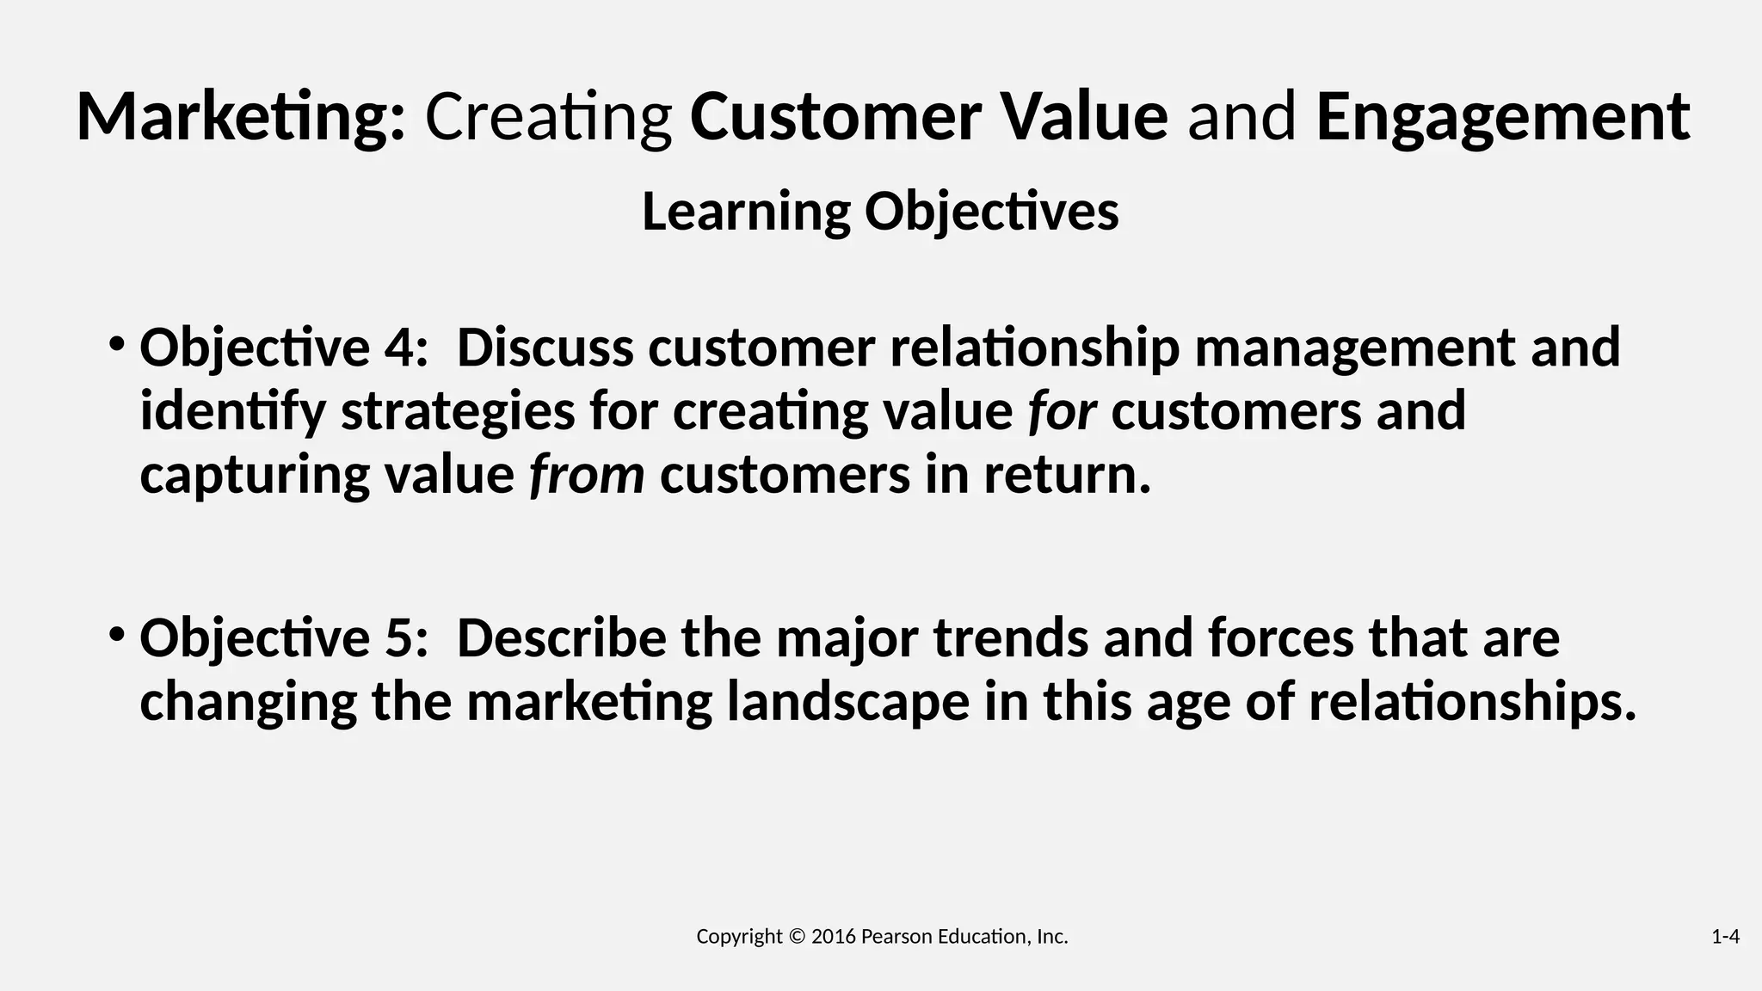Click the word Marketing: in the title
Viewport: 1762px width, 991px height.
tap(240, 118)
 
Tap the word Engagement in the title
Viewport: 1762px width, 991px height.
tap(1502, 118)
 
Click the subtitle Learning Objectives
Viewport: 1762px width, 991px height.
tap(880, 212)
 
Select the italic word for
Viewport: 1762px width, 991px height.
tap(1062, 411)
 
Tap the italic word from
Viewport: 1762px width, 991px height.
tap(587, 475)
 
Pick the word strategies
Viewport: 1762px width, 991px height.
tap(458, 411)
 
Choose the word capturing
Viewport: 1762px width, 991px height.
tap(255, 475)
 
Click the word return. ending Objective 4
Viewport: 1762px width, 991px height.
tap(1067, 475)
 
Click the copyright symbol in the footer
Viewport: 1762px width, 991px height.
tap(797, 937)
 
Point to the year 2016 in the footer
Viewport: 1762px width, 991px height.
tap(833, 937)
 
